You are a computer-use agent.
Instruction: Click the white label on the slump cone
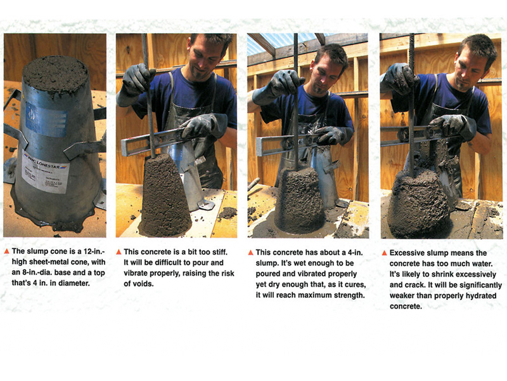coord(43,171)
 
